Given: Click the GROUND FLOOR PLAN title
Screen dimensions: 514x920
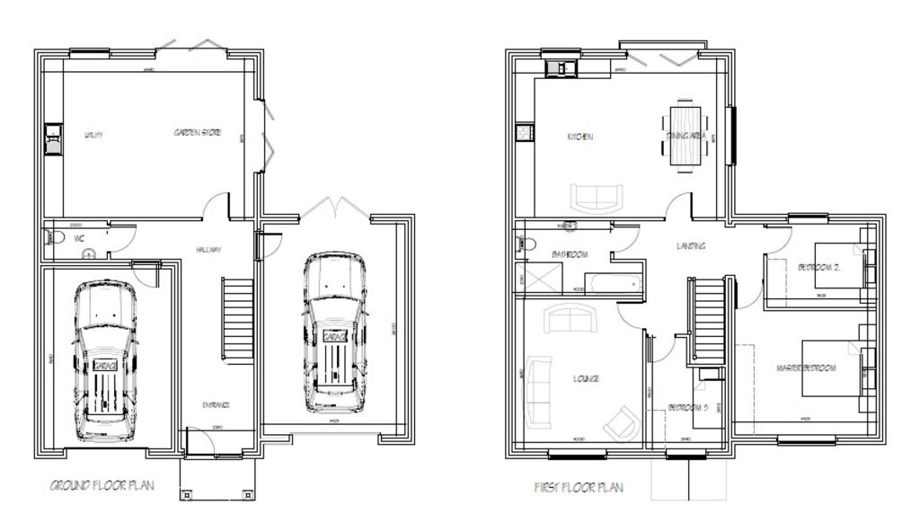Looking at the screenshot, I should click(x=101, y=485).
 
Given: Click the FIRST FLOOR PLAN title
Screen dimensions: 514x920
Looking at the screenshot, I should click(x=579, y=488).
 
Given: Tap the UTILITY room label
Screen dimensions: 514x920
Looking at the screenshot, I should click(x=93, y=135).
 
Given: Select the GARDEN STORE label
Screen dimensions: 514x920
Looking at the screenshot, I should click(x=198, y=133).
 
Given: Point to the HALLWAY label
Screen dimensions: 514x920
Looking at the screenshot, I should click(x=208, y=250).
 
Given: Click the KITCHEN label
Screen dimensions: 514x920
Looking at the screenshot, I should click(x=579, y=137).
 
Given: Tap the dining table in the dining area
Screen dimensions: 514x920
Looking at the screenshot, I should click(x=687, y=137).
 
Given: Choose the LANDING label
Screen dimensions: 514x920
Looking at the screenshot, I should click(x=691, y=246).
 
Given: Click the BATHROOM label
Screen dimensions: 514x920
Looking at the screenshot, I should click(x=570, y=255).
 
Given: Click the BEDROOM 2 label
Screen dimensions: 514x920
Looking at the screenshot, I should click(x=818, y=266).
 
